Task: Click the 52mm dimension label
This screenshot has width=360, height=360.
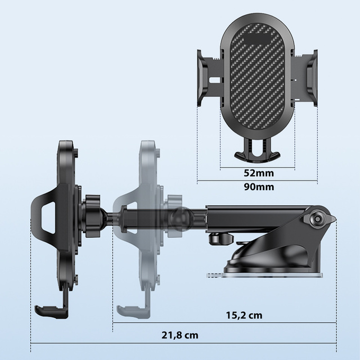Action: click(258, 173)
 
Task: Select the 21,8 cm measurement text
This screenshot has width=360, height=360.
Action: click(181, 335)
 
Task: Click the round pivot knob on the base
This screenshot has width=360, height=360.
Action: click(319, 218)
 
